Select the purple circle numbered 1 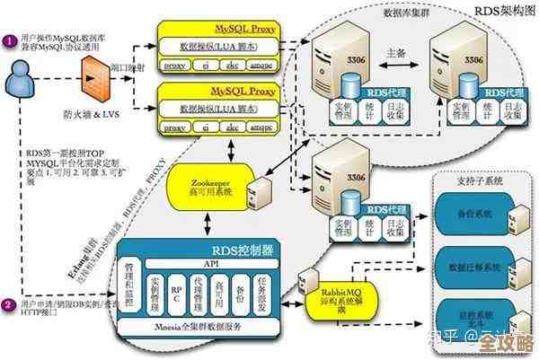8,41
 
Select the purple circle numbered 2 8,303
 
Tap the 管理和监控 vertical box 131,287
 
